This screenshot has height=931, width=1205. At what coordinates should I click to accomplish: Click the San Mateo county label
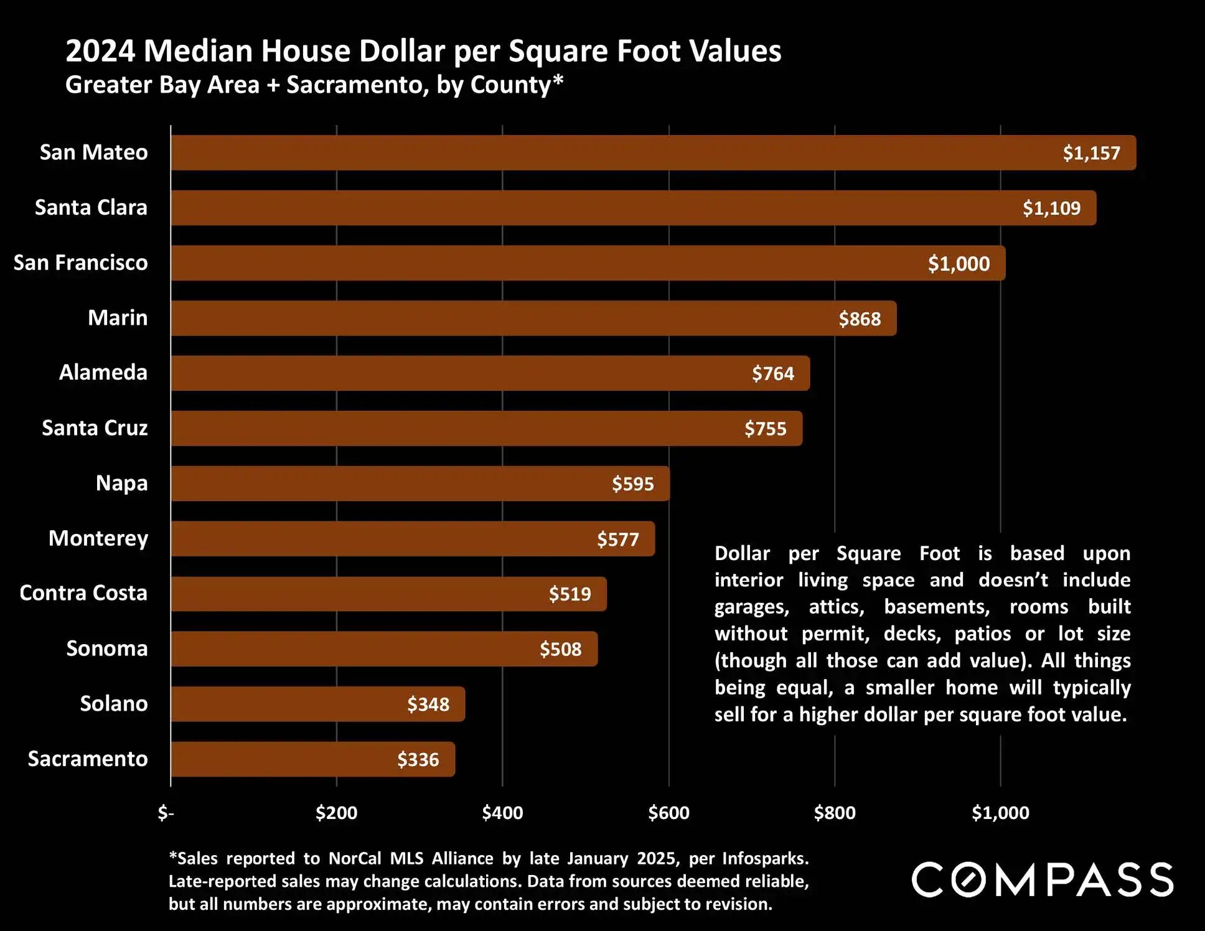click(93, 152)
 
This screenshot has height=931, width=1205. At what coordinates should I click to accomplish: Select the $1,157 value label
click(1091, 153)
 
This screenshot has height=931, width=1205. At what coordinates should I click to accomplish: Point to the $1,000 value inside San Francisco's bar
click(959, 264)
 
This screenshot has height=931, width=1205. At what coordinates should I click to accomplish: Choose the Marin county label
click(118, 318)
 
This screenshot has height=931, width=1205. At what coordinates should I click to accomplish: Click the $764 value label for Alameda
click(773, 373)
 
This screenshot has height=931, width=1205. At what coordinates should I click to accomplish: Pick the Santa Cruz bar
click(486, 429)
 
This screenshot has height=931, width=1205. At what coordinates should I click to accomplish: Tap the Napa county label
click(121, 484)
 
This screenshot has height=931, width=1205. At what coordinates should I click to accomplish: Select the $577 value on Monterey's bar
click(618, 539)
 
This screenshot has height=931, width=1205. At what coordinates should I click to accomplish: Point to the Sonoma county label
click(107, 648)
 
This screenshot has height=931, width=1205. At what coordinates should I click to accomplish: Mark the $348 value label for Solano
click(428, 704)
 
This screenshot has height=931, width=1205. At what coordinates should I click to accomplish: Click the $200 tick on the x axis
click(336, 813)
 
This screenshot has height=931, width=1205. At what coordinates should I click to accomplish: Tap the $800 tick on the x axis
click(835, 813)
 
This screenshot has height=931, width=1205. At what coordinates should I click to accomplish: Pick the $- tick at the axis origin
click(166, 813)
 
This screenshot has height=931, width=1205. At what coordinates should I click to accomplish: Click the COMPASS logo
click(1043, 880)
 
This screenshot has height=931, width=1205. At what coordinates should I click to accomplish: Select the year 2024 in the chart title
click(100, 51)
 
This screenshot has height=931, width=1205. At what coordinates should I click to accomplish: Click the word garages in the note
click(752, 607)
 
